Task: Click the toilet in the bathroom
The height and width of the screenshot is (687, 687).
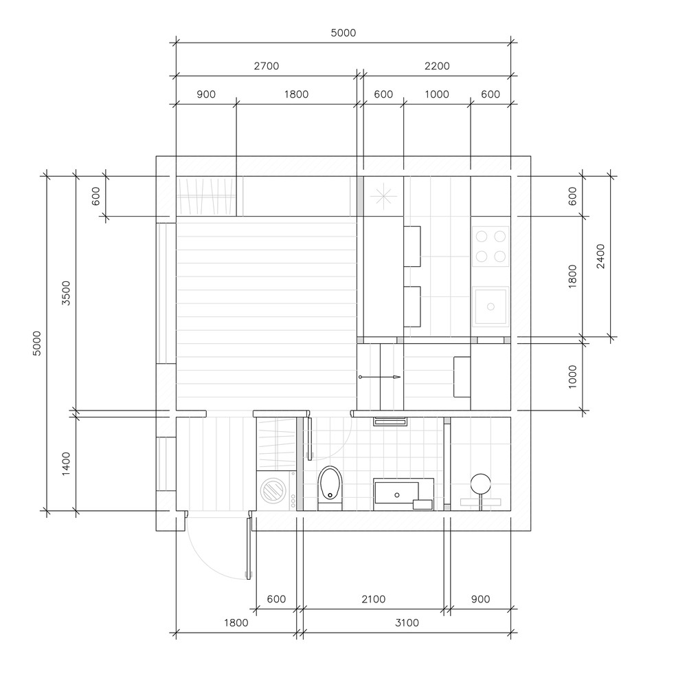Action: click(330, 488)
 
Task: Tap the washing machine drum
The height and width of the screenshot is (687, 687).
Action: click(273, 490)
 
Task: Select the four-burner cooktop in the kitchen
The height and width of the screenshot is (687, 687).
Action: click(491, 246)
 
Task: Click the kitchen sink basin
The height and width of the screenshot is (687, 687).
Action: click(491, 306)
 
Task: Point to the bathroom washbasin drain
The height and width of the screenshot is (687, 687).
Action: click(397, 495)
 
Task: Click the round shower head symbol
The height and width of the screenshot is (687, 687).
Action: click(481, 484)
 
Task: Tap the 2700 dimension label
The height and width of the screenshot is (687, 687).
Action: click(267, 66)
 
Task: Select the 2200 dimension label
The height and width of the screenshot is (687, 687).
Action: click(437, 66)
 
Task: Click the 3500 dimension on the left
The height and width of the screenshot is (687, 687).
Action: click(66, 293)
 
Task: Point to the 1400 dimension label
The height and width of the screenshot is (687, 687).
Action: click(66, 464)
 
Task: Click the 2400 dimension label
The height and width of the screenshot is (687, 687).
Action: click(600, 257)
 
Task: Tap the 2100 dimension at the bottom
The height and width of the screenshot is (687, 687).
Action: click(373, 599)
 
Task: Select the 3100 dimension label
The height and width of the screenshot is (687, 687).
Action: click(407, 622)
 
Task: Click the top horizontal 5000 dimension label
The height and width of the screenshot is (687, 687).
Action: click(343, 33)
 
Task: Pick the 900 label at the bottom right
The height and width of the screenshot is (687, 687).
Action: click(480, 599)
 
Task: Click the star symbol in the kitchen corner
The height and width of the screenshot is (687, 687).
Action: click(383, 196)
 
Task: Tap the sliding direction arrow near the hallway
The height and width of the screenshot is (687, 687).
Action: click(380, 377)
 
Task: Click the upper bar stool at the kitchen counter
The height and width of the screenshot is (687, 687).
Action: click(412, 246)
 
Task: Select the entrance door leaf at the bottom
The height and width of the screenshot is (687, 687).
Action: click(249, 548)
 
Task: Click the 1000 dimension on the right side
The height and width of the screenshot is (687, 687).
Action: click(572, 377)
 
